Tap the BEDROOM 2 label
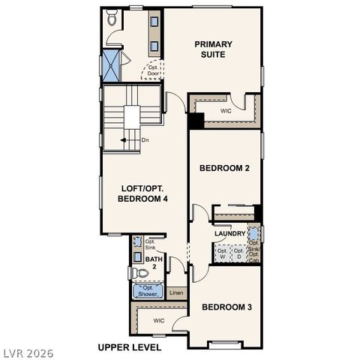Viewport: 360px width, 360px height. pos(224,168)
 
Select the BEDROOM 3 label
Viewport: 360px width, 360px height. pos(226,307)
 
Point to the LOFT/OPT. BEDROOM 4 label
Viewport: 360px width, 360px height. pos(142,193)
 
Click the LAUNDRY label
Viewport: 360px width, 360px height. pos(229,234)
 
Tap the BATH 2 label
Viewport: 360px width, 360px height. pos(150,262)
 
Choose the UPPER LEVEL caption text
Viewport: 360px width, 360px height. pos(130,347)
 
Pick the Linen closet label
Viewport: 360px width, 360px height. pos(175,293)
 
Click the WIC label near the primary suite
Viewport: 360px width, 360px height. pos(226,110)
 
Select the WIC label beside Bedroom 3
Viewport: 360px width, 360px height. pos(159,320)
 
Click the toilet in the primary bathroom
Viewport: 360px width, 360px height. pos(112,19)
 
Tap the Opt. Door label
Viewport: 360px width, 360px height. pos(153,70)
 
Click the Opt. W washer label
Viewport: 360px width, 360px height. pos(223,253)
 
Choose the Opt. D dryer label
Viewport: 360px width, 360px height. pos(239,253)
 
